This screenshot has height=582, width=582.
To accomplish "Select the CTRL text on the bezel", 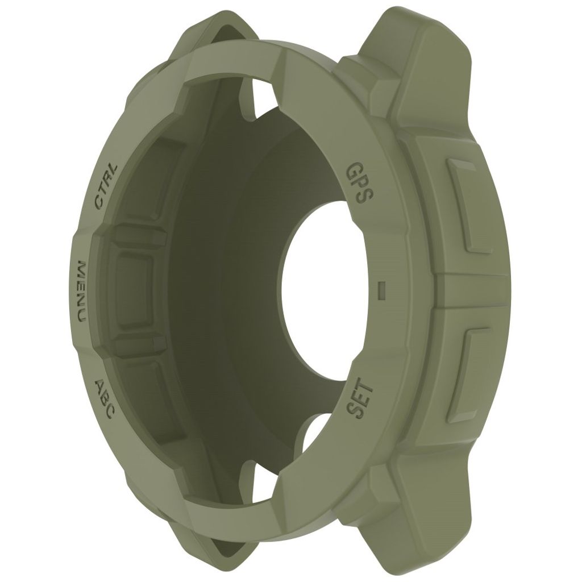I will pos(106,186).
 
